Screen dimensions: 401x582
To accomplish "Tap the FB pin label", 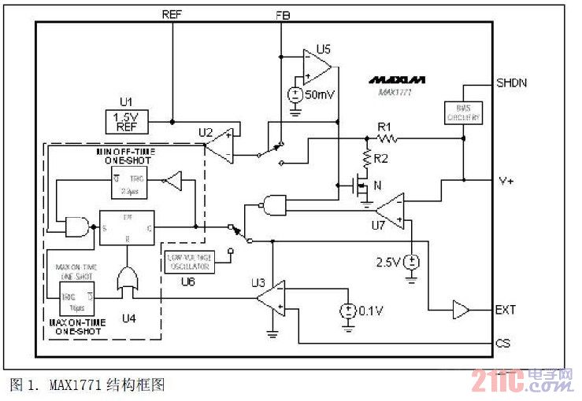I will click(x=283, y=15).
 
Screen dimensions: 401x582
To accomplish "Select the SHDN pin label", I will click(x=511, y=83).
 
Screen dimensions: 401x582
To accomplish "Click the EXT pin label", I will click(x=506, y=310).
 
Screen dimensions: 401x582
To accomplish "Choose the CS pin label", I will click(x=503, y=343).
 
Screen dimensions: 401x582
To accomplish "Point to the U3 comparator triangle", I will click(x=272, y=300).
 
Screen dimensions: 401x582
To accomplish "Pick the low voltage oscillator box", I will click(x=190, y=261).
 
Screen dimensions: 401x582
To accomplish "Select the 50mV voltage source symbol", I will click(x=295, y=94).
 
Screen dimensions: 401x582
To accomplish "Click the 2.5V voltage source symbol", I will click(x=410, y=261).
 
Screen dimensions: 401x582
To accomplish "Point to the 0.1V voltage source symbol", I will click(x=346, y=311).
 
